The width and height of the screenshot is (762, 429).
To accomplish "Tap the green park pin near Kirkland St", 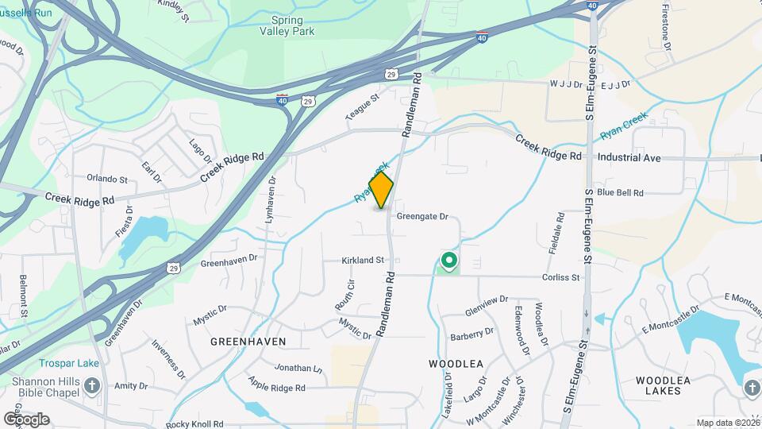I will coord(448,261).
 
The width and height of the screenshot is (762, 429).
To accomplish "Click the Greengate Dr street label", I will coord(422,216).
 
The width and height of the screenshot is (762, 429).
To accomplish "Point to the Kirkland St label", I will coord(363,260).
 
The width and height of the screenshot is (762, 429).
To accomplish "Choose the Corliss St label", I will coord(561,277).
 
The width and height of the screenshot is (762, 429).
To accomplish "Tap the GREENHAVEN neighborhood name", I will coord(248,341).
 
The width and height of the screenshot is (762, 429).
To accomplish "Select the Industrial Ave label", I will coord(629,158).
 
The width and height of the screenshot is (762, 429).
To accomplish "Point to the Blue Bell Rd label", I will coord(620,192).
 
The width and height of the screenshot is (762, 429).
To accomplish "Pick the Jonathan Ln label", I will coord(299,369).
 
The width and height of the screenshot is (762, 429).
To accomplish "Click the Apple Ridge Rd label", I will coord(277,388).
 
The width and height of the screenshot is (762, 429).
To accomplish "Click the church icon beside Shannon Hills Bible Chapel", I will coord(92,387).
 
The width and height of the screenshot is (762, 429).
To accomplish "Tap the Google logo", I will coord(26,419).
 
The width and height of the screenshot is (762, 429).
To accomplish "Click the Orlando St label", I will coord(107,179).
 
